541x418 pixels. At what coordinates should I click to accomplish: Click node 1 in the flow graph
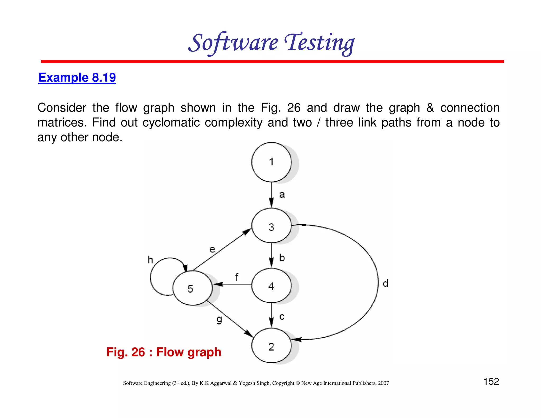tap(271, 162)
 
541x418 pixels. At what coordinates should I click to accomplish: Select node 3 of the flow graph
tap(271, 226)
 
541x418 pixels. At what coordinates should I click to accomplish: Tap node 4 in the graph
tap(271, 286)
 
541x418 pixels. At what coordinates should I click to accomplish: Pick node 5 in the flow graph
tap(192, 288)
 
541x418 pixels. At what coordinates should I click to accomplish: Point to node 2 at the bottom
tap(271, 346)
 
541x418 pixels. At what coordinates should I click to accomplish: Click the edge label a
tap(282, 195)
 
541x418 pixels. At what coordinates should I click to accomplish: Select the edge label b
tap(282, 258)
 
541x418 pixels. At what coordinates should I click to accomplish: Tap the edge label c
tap(282, 317)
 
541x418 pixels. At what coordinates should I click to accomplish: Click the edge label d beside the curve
tap(385, 284)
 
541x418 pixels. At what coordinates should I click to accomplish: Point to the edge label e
tap(212, 249)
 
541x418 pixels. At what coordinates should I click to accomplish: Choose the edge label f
tap(236, 277)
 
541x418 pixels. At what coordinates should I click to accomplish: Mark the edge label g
tap(219, 320)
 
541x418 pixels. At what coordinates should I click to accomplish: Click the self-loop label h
tap(150, 260)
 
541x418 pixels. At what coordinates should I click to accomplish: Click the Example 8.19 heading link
tap(77, 77)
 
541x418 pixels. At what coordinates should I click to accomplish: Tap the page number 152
tap(491, 381)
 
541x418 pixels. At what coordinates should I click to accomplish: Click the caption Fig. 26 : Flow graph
tap(164, 352)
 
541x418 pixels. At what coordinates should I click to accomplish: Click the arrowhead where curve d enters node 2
tap(297, 339)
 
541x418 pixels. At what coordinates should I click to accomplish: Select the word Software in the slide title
tap(233, 43)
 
